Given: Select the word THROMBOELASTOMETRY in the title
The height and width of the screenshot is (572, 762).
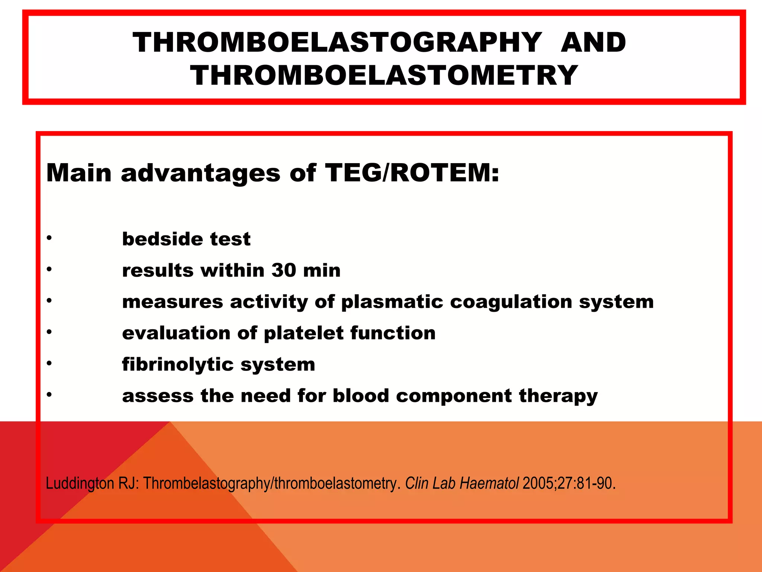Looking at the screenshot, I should [384, 75].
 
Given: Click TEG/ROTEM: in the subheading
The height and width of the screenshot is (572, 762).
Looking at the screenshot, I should [412, 173].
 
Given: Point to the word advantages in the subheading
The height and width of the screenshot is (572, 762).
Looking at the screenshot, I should [201, 173].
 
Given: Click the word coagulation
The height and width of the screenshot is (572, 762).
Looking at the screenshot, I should [511, 302].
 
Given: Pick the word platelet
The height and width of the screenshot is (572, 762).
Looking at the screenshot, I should [304, 333].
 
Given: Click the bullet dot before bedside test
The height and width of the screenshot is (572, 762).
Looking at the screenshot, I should [49, 238].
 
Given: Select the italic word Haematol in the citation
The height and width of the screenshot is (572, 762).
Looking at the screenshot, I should [489, 483].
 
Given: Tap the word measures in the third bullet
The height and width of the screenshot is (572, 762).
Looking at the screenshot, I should [172, 302].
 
